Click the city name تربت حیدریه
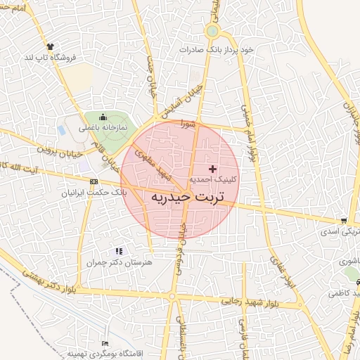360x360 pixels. (186, 198)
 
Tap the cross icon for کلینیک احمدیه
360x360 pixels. (213, 169)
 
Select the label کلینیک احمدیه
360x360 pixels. (213, 180)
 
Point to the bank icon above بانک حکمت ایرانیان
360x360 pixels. (94, 182)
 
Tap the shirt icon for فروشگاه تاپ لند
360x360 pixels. (49, 46)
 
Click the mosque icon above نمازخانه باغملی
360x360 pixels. (103, 117)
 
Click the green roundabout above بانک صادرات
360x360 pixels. (212, 32)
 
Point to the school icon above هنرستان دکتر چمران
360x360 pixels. (119, 250)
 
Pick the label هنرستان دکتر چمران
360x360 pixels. (120, 261)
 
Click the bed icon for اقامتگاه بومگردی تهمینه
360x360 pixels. (105, 342)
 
